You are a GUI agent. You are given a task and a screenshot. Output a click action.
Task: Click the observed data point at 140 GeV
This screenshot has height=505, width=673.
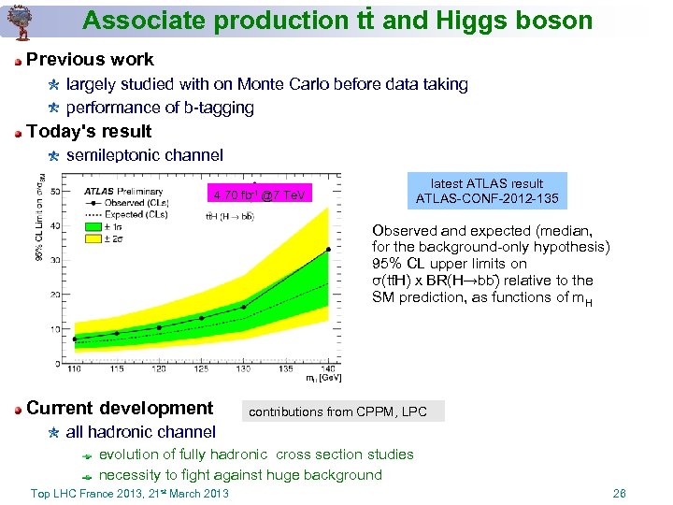[328, 250]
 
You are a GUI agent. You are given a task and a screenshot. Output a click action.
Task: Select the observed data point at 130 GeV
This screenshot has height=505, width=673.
[244, 307]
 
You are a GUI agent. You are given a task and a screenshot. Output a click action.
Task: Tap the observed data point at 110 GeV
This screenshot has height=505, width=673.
[75, 339]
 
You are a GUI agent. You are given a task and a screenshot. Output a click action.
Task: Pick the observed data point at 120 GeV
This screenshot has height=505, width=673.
[159, 327]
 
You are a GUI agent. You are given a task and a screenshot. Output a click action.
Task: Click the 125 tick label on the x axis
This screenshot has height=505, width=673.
[201, 370]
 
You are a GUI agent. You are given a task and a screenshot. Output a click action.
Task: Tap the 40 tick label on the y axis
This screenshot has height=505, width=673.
[55, 225]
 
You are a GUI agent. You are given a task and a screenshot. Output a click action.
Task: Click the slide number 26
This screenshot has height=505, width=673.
[618, 493]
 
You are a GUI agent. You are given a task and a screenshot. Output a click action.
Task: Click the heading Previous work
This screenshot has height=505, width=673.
[90, 59]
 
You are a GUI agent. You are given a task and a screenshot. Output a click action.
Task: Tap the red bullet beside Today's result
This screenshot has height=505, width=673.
[18, 132]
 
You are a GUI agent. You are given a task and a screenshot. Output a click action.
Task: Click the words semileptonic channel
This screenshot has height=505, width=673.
[145, 154]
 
